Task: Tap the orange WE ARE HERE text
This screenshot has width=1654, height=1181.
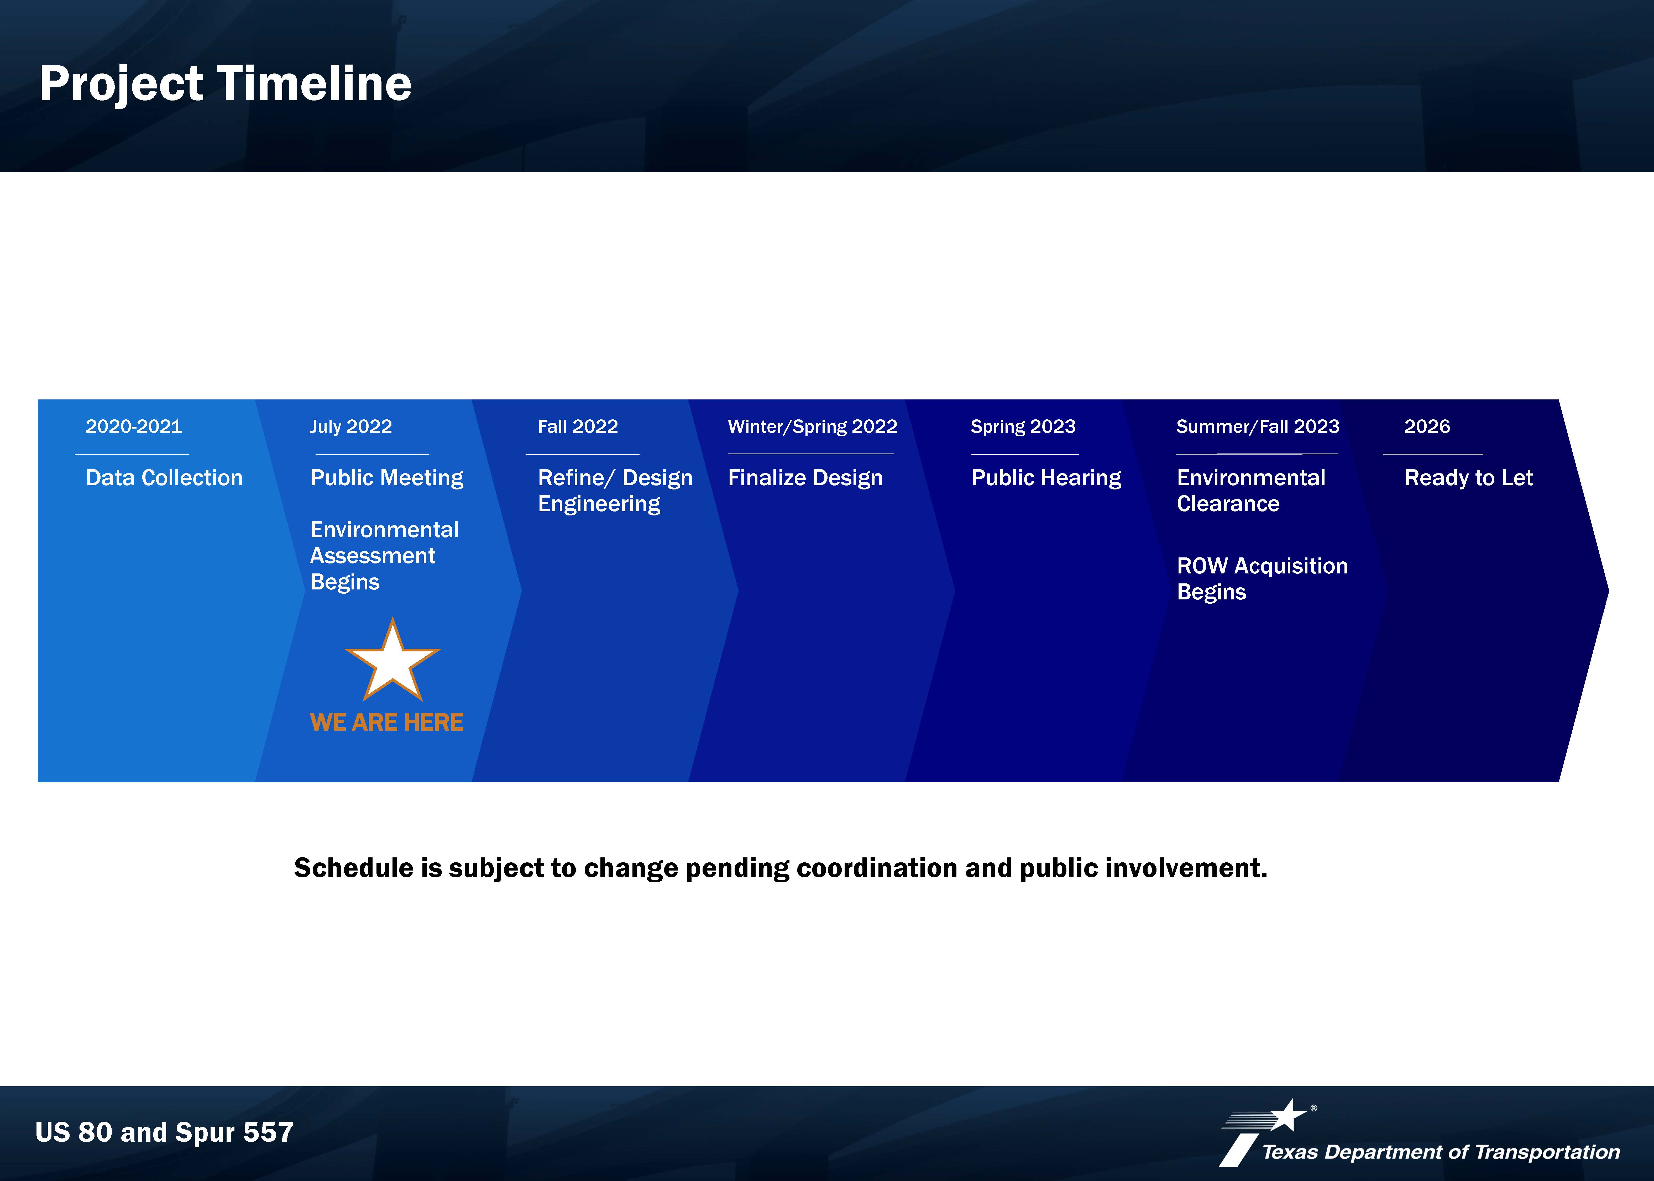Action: [x=386, y=722]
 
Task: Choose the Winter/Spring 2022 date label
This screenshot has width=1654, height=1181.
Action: [x=813, y=427]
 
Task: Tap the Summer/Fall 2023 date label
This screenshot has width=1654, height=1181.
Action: [x=1258, y=427]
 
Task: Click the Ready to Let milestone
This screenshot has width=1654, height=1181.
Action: [x=1469, y=478]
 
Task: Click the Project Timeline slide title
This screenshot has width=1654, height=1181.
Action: [x=226, y=84]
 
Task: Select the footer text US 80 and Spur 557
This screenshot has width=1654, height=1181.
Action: [x=164, y=1132]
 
